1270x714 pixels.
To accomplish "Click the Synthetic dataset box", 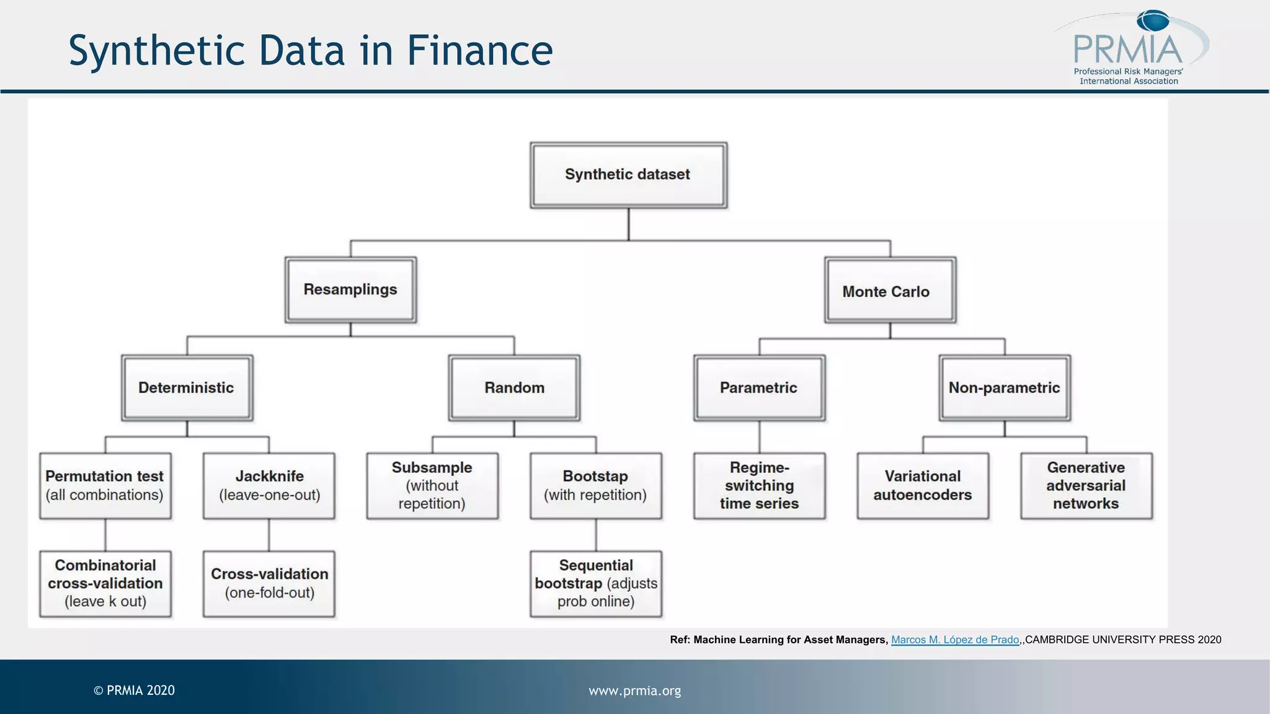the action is pyautogui.click(x=628, y=175).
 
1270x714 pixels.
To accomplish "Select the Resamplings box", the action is pyautogui.click(x=350, y=289).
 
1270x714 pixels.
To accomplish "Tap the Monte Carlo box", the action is pyautogui.click(x=890, y=291).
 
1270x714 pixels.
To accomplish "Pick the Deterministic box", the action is pyautogui.click(x=187, y=388).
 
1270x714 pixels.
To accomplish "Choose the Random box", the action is pyautogui.click(x=514, y=388).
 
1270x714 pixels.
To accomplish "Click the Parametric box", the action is pyautogui.click(x=759, y=388).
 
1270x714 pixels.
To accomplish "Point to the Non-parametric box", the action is pyautogui.click(x=1005, y=388).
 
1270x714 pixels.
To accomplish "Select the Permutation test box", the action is pyautogui.click(x=105, y=485).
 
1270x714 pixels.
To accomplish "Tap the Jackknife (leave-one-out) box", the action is pyautogui.click(x=269, y=485).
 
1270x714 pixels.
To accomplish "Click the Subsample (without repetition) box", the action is pyautogui.click(x=432, y=485).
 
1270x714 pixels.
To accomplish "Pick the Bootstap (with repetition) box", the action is pyautogui.click(x=595, y=485).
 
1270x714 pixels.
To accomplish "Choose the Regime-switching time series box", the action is pyautogui.click(x=759, y=485).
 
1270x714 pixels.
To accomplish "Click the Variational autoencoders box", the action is pyautogui.click(x=923, y=485).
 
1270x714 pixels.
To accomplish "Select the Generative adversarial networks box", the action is pyautogui.click(x=1086, y=485).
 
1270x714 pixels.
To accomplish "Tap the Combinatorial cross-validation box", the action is pyautogui.click(x=105, y=583).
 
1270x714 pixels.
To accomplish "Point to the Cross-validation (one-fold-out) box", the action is pyautogui.click(x=269, y=583).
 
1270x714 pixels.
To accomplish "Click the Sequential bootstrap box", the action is pyautogui.click(x=595, y=583).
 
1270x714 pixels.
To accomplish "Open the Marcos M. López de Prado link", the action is pyautogui.click(x=955, y=640).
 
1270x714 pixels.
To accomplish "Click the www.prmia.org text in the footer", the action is pyautogui.click(x=634, y=690).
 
